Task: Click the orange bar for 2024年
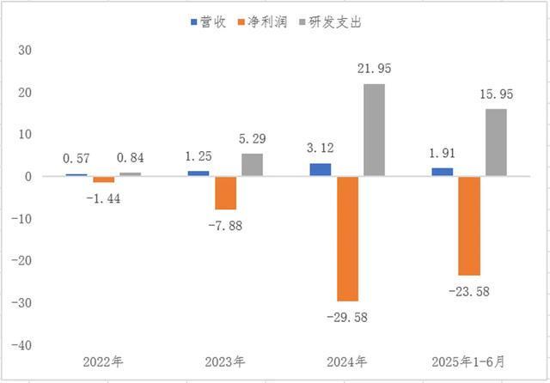coord(347,238)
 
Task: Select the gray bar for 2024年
coord(374,130)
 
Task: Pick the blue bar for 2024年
coord(321,170)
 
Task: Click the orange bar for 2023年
coord(225,192)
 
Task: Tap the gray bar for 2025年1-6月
coord(496,143)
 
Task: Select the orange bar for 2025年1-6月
coord(469,225)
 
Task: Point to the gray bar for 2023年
coord(252,165)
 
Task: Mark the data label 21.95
coord(374,69)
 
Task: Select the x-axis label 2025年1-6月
coord(469,362)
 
